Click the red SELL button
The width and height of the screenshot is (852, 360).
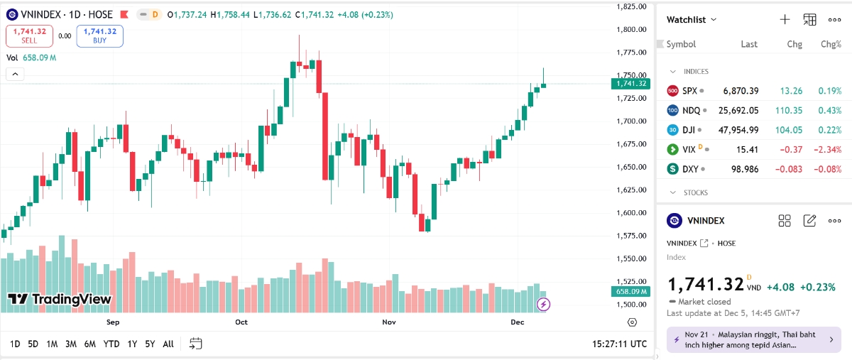pos(29,36)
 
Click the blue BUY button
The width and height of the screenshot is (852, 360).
pos(99,36)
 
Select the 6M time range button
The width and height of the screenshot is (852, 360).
pos(89,344)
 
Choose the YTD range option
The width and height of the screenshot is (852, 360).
pos(111,344)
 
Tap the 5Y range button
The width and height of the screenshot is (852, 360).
pos(149,344)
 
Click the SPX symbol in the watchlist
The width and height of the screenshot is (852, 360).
pos(689,91)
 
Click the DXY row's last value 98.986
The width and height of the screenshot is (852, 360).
pos(744,169)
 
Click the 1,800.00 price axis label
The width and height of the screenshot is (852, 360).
pos(630,30)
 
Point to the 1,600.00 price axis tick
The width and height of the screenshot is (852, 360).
pos(630,213)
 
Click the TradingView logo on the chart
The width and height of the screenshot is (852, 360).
pos(60,300)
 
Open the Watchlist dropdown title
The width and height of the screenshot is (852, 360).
pos(691,20)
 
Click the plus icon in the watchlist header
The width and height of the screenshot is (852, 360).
pos(785,20)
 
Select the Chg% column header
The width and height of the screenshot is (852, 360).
pos(831,44)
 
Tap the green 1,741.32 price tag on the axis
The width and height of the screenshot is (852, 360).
pos(630,83)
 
